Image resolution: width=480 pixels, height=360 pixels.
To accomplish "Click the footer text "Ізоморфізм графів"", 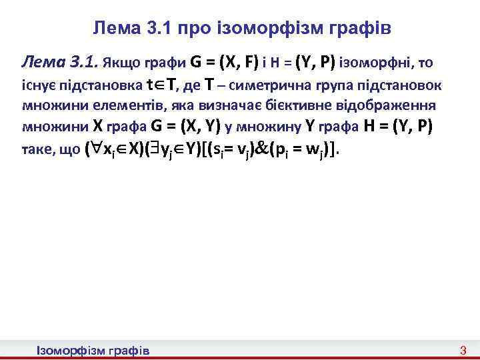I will coord(93,350).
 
